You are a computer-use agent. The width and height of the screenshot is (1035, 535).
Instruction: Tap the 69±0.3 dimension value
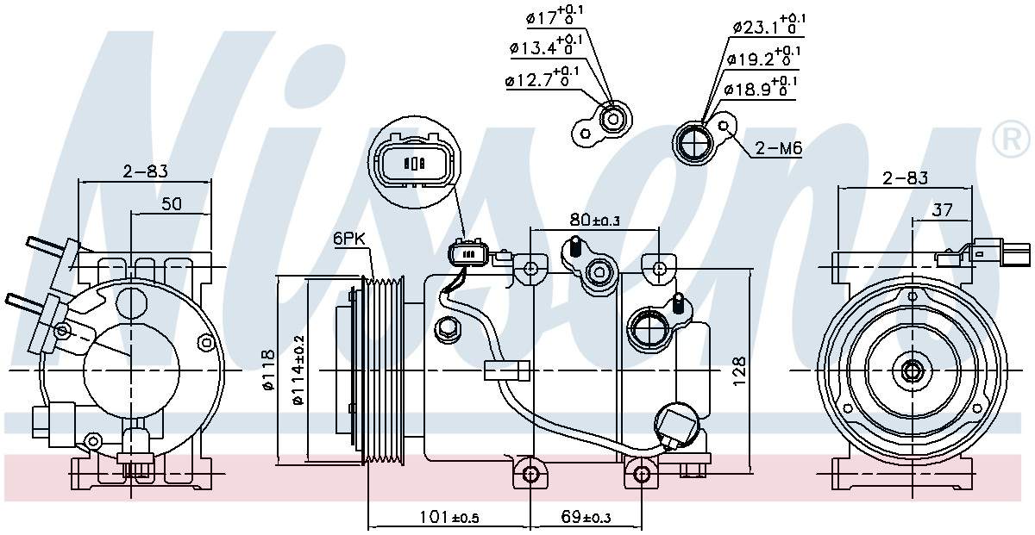click(x=586, y=517)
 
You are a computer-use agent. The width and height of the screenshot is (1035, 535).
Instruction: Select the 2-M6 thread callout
click(x=778, y=150)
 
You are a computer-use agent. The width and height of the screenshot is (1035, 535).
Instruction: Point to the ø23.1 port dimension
click(x=768, y=26)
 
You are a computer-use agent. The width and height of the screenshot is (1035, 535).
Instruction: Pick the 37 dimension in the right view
click(x=942, y=209)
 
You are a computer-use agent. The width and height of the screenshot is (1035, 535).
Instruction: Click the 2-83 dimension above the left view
click(x=145, y=171)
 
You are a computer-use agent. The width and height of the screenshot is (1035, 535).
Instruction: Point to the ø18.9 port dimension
click(x=759, y=89)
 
